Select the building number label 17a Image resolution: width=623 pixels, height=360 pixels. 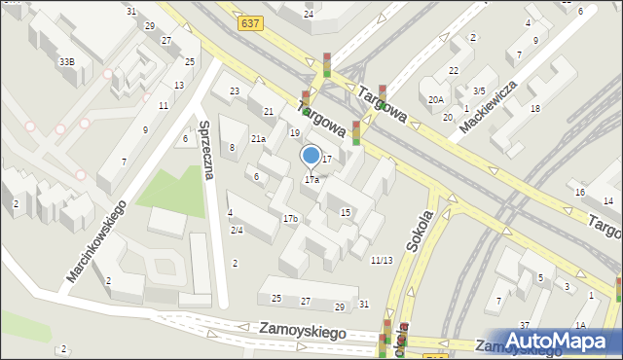(311, 180)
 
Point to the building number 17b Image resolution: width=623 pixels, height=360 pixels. (290, 219)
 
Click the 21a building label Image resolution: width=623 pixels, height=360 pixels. (258, 139)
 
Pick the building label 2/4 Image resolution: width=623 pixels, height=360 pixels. (237, 230)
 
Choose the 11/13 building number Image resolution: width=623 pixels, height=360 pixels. (382, 260)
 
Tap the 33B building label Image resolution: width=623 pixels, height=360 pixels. (66, 61)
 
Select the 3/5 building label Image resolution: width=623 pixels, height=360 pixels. (479, 90)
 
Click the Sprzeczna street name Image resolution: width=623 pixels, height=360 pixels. (207, 151)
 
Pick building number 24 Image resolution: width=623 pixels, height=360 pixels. (309, 15)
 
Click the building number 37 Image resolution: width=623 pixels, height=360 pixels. (524, 325)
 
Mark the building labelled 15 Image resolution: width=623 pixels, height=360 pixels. (346, 212)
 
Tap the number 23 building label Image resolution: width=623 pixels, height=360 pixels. (235, 91)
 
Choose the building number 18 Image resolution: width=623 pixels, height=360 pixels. (534, 108)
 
